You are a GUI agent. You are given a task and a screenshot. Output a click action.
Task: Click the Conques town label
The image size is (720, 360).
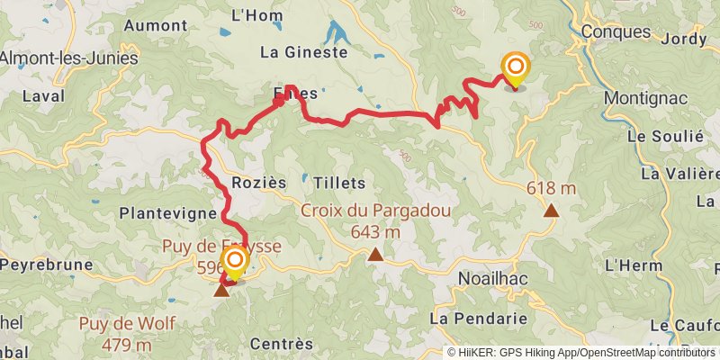(616, 31)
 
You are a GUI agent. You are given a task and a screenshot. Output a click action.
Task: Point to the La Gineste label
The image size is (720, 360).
(303, 52)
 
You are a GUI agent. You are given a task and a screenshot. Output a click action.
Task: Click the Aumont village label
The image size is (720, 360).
(155, 26)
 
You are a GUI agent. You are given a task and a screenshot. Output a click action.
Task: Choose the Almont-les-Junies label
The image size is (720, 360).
(68, 58)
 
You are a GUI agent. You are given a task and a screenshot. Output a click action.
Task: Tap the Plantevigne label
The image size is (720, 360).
(167, 214)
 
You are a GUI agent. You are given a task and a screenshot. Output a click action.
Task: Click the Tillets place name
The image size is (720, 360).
(339, 183)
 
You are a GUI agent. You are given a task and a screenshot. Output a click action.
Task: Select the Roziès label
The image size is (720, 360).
(258, 183)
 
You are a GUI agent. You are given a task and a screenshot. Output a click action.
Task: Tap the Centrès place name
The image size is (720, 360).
(281, 344)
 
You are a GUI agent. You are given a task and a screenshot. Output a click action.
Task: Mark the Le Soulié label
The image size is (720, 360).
(665, 136)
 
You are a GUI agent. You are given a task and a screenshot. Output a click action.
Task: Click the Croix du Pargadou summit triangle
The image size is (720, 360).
(375, 255)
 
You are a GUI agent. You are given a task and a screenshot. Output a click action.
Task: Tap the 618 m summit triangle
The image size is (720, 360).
(550, 211)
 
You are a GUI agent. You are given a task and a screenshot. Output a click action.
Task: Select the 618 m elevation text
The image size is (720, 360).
(551, 189)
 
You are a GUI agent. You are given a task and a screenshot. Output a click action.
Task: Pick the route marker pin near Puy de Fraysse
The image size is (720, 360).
(235, 264)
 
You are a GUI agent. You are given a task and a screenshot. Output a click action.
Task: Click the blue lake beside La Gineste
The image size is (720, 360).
(339, 36)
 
